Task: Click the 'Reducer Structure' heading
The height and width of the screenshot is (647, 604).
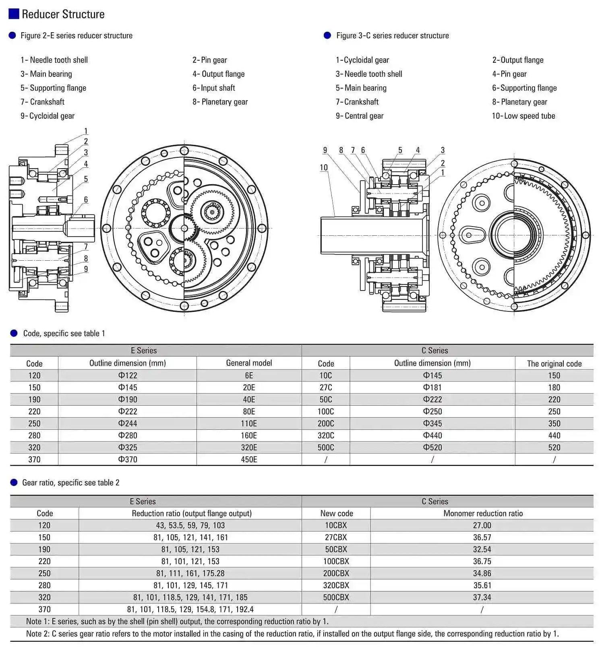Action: point(63,14)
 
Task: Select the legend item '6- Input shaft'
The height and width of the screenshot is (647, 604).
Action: point(213,88)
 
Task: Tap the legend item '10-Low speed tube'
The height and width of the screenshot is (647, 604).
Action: point(523,116)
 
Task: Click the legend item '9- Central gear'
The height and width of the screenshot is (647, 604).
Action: point(360,116)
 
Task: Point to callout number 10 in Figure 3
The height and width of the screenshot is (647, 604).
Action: point(324,167)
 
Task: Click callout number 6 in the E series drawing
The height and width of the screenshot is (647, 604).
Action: point(86,200)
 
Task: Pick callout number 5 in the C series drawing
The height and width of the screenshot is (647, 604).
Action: point(400,150)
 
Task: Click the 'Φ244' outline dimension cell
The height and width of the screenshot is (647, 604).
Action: point(128,423)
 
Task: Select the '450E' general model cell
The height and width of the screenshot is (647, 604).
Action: point(249,459)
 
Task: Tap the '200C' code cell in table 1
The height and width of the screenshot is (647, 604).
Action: point(326,423)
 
